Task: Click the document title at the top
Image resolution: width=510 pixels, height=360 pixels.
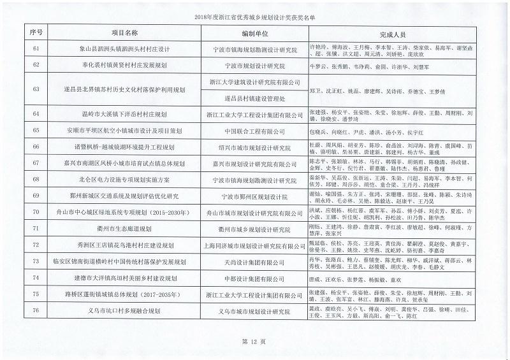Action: coord(254,18)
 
